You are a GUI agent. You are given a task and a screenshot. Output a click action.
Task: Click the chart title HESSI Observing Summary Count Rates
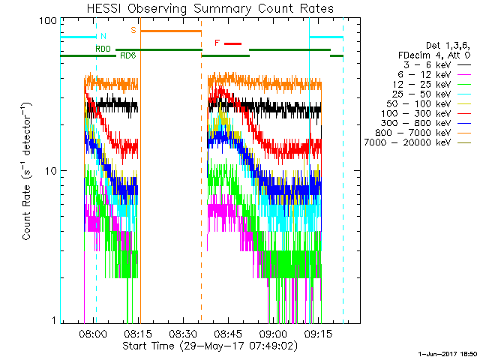[209, 9]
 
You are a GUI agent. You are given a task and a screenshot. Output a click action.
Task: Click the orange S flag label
[133, 30]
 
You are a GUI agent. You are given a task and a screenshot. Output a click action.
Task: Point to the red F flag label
[217, 43]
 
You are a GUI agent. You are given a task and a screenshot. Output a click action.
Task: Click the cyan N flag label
[103, 36]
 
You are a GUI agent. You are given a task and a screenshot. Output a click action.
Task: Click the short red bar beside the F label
[232, 43]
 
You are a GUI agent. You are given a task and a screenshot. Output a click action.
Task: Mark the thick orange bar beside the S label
[171, 31]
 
